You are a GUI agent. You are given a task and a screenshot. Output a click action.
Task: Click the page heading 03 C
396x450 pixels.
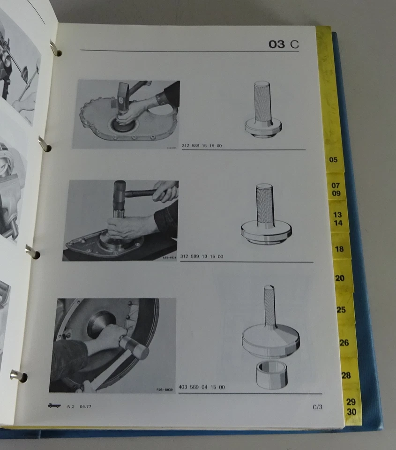point(284,45)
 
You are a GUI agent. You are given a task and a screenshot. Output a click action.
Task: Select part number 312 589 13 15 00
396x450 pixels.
point(202,256)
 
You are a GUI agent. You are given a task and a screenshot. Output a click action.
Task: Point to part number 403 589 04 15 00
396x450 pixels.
point(202,387)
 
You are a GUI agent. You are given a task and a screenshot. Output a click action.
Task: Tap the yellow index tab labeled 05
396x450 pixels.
point(334,160)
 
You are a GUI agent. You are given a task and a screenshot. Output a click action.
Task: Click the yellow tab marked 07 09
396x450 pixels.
point(336,189)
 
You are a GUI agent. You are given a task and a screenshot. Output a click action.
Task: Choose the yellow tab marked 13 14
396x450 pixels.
point(338,219)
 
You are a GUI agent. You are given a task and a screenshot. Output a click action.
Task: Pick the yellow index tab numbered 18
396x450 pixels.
point(340,249)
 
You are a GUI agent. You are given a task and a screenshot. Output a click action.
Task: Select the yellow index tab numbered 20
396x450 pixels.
point(340,278)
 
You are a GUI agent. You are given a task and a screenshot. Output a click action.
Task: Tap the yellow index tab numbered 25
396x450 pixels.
point(342,310)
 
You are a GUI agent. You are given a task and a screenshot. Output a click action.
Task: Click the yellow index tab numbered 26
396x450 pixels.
point(344,343)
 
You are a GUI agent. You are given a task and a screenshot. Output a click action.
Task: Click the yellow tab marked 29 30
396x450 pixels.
point(351,407)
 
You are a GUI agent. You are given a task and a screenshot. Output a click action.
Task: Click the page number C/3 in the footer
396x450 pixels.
point(317,407)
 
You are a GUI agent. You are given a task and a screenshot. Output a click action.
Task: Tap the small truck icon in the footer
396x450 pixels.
point(54,406)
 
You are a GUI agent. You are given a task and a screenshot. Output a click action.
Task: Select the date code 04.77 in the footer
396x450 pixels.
point(85,406)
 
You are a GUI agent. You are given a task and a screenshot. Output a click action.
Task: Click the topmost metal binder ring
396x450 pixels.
point(55,48)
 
